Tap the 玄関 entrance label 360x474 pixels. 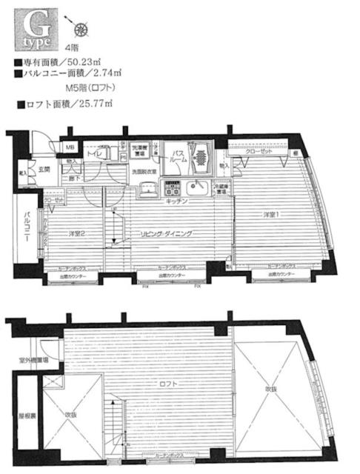tap(44, 170)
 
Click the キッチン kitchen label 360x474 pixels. tap(176, 201)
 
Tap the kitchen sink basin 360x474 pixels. tap(198, 186)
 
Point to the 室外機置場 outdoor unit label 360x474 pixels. tap(35, 361)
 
